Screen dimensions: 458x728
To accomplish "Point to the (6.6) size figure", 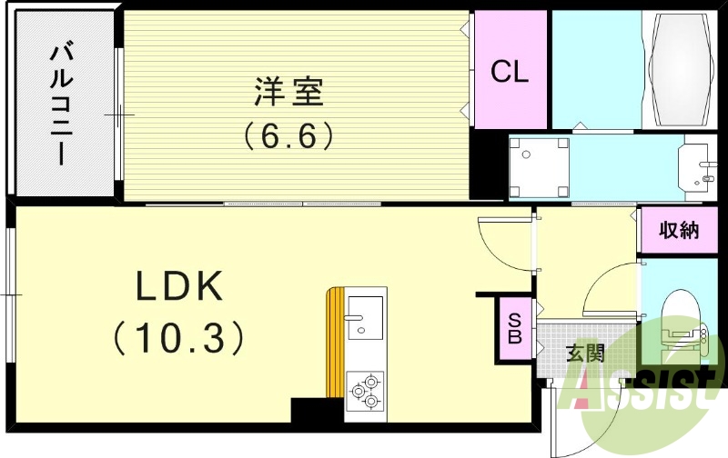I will click(289, 136).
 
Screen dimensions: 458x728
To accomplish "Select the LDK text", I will click(179, 288).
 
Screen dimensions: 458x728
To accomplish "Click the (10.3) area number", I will click(179, 338).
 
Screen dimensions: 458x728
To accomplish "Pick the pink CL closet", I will click(510, 71).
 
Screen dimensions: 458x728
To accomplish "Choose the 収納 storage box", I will click(679, 230).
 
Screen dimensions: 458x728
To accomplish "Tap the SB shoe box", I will click(514, 327).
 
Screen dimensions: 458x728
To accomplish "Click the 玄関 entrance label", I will click(584, 353).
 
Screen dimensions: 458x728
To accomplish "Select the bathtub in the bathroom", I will click(680, 70).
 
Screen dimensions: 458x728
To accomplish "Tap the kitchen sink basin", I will click(365, 314).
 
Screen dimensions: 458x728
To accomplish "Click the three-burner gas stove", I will click(366, 388).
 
